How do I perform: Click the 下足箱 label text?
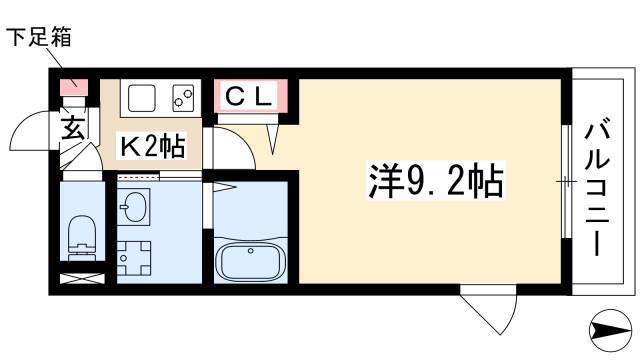(x=39, y=36)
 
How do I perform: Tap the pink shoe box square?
(x=74, y=87)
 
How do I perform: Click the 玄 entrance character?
(x=73, y=127)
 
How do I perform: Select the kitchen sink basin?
(x=142, y=98)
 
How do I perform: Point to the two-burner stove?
(x=183, y=98)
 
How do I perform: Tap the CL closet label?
(x=249, y=96)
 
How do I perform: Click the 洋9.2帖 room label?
(x=436, y=180)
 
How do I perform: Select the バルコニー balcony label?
(x=598, y=186)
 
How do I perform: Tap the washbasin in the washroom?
(x=133, y=206)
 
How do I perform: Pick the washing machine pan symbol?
(x=134, y=258)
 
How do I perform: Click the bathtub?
(x=251, y=261)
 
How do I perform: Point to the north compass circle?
(x=611, y=331)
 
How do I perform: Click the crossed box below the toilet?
(x=82, y=279)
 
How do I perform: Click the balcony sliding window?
(x=566, y=181)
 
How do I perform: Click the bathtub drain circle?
(x=251, y=251)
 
